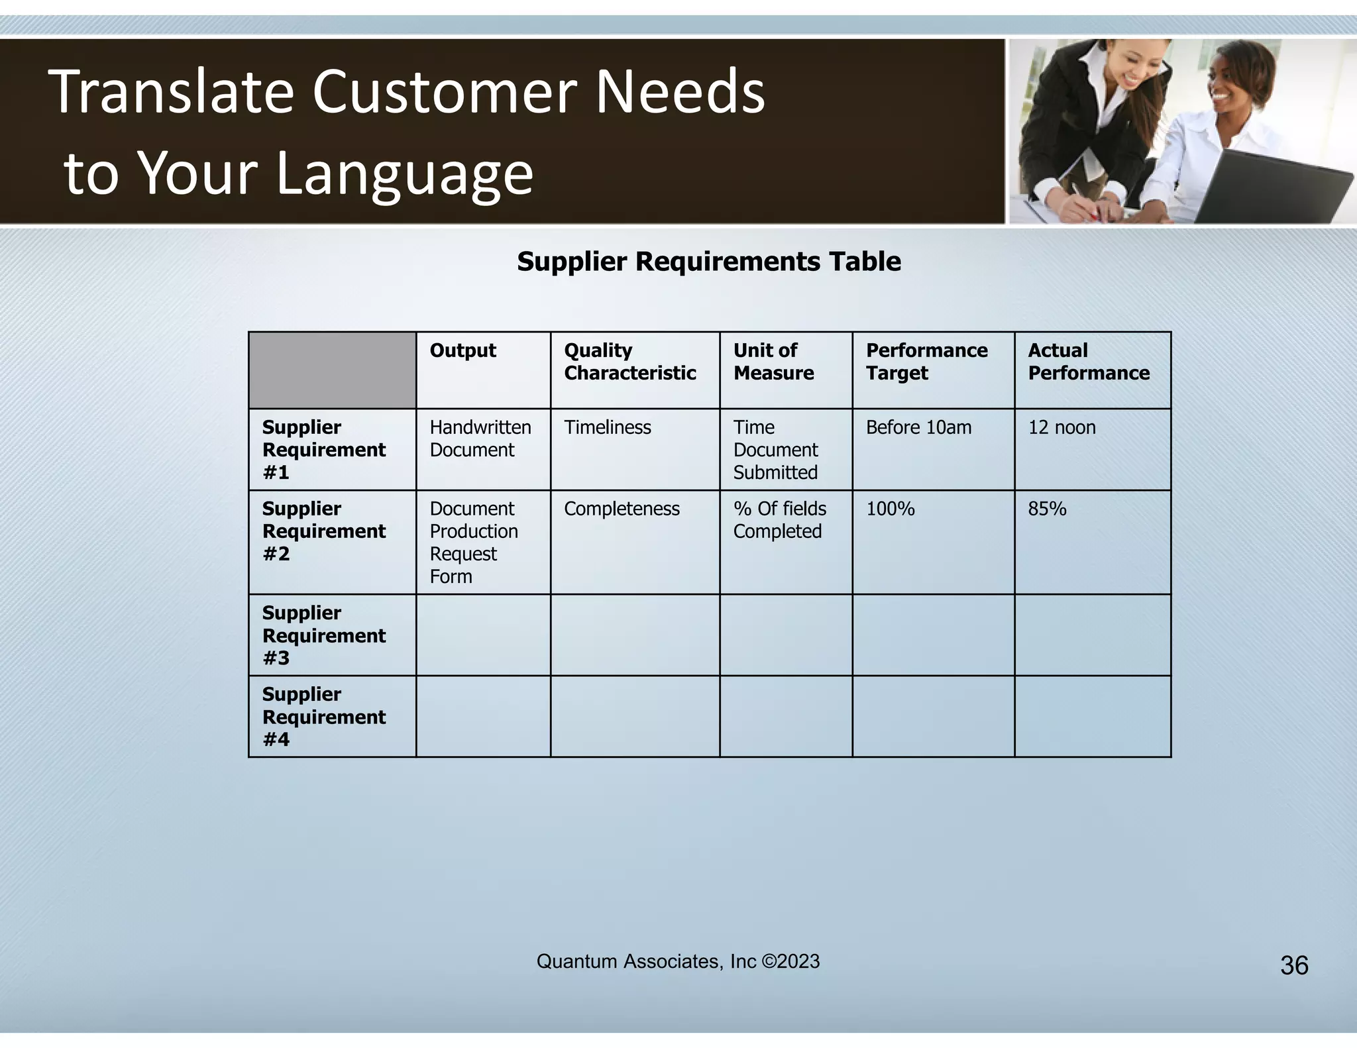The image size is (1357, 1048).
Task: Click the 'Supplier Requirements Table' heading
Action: pyautogui.click(x=708, y=262)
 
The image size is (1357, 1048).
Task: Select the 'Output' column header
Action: pyautogui.click(x=462, y=350)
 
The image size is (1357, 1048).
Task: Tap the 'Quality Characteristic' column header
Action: pyautogui.click(x=629, y=362)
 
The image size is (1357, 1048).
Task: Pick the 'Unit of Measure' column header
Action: pyautogui.click(x=773, y=362)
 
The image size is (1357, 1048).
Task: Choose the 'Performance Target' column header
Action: pyautogui.click(x=926, y=362)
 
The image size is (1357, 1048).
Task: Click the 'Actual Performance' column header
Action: pyautogui.click(x=1088, y=362)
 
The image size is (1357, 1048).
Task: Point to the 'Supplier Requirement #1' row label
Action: pyautogui.click(x=323, y=450)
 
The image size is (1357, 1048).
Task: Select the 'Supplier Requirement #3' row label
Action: pyautogui.click(x=323, y=635)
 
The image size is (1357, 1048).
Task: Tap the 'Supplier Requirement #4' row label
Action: pyautogui.click(x=323, y=717)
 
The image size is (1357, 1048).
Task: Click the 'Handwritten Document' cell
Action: pyautogui.click(x=480, y=439)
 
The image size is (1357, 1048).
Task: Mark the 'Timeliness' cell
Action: pyautogui.click(x=607, y=427)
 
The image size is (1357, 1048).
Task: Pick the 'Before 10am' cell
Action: pyautogui.click(x=918, y=427)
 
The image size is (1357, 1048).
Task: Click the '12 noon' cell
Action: pyautogui.click(x=1061, y=427)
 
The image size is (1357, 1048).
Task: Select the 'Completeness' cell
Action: pyautogui.click(x=622, y=509)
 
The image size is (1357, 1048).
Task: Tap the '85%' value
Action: pyautogui.click(x=1047, y=509)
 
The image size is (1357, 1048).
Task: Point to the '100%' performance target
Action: pyautogui.click(x=890, y=509)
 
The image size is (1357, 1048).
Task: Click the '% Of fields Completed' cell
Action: pyautogui.click(x=779, y=520)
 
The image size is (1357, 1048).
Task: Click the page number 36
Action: pyautogui.click(x=1294, y=966)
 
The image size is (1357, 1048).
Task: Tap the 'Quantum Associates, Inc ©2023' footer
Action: pyautogui.click(x=678, y=961)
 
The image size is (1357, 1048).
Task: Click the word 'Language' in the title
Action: pyautogui.click(x=404, y=174)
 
